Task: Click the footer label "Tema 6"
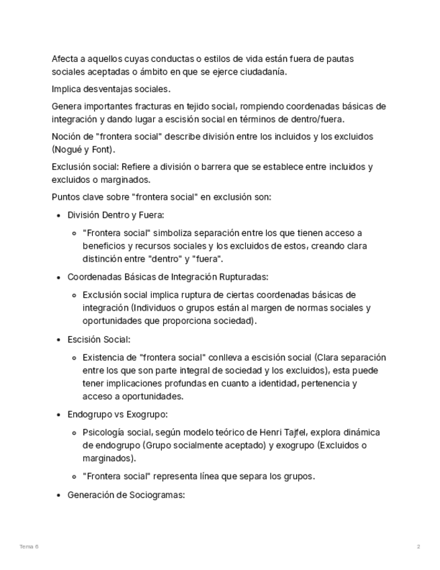pos(29,547)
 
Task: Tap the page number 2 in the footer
pos(418,547)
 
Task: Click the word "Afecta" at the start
pos(65,59)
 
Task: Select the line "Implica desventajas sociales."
pos(111,89)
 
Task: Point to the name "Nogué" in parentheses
pos(69,149)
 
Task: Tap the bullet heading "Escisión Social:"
pos(99,339)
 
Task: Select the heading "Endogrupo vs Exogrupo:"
pos(118,414)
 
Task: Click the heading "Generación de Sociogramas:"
pos(126,495)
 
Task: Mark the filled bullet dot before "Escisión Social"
pos(58,339)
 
